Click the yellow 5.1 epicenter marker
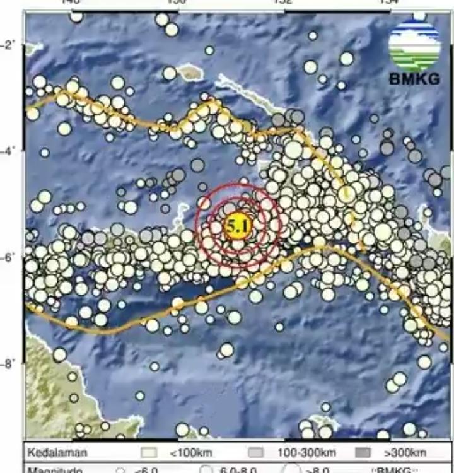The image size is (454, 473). click(236, 226)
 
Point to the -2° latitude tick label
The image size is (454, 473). click(11, 45)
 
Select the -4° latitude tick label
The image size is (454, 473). click(11, 151)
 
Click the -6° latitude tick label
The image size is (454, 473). click(11, 257)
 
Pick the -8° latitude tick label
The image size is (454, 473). click(11, 364)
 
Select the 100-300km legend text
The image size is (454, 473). click(306, 452)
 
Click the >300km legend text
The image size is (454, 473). click(404, 452)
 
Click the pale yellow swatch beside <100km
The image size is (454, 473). click(149, 452)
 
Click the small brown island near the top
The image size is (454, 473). click(189, 73)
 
